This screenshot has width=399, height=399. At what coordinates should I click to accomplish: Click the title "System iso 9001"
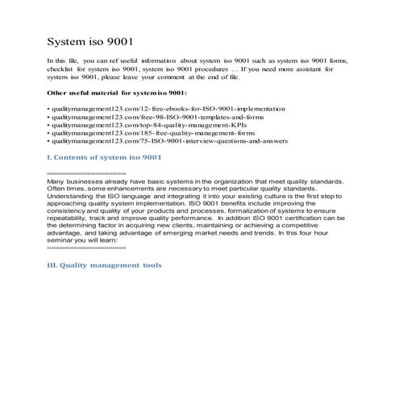coord(96,40)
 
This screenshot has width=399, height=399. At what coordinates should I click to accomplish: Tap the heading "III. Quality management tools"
coord(105,264)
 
